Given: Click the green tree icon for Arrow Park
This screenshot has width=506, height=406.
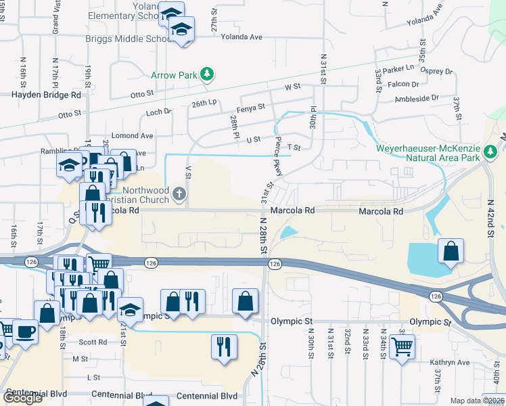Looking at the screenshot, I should tap(207, 74).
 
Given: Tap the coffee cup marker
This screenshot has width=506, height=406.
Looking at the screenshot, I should tap(26, 332).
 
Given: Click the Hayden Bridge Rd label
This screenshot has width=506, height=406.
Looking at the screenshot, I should tap(46, 95).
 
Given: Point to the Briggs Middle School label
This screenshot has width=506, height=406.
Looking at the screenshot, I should tap(130, 39).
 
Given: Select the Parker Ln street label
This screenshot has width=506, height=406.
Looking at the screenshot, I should tap(398, 68).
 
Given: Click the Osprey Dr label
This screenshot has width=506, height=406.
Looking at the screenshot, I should tap(438, 71).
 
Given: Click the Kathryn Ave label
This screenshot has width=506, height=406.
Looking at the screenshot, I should tap(450, 363).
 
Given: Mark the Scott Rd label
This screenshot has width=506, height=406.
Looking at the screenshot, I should tap(93, 342).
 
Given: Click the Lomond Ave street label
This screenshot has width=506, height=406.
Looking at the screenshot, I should tap(137, 136).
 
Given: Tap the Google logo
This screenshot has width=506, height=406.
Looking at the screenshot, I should tap(23, 398).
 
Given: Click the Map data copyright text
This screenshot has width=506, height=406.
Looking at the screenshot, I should tap(477, 401).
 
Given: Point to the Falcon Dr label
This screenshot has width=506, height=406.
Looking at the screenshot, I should tap(404, 85).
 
